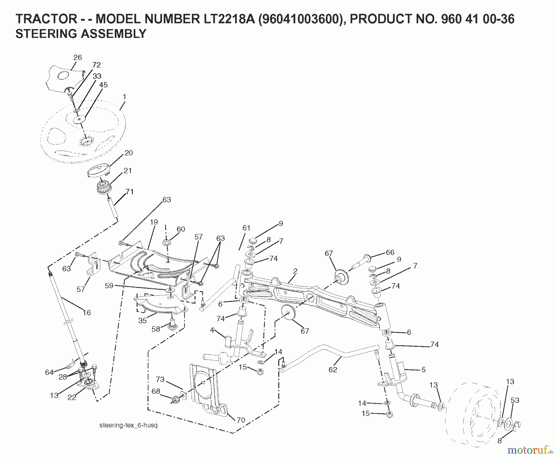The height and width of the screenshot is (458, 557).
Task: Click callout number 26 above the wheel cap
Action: [x=78, y=57]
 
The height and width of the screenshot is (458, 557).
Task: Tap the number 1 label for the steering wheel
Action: [x=124, y=97]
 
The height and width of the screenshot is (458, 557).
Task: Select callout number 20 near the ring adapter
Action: [x=128, y=153]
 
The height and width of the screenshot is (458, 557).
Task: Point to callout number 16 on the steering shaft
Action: [x=87, y=312]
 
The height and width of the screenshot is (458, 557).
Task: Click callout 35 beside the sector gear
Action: [x=142, y=321]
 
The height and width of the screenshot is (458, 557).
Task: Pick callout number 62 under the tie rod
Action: [x=333, y=369]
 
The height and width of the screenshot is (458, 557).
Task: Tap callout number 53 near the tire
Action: [x=515, y=400]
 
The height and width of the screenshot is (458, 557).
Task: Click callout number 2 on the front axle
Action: [x=295, y=271]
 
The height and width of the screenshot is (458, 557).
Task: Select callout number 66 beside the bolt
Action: [x=390, y=253]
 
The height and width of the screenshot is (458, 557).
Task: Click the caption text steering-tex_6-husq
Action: [x=128, y=425]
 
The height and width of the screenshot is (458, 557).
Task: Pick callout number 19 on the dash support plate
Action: [x=154, y=222]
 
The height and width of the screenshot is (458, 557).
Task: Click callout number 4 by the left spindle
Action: [x=212, y=330]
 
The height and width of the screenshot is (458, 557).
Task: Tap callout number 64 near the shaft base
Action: [x=49, y=372]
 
